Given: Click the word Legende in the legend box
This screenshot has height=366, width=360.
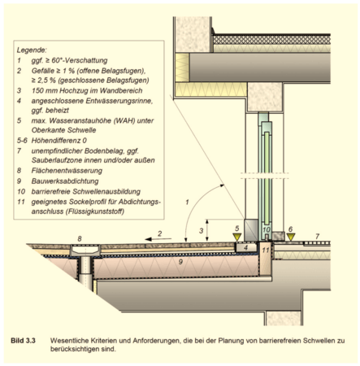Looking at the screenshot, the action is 32,50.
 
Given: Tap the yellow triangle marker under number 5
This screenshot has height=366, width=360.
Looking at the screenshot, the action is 237,237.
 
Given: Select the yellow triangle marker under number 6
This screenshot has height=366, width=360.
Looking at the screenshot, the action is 291,237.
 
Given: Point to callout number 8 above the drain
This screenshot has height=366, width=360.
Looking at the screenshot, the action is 80,238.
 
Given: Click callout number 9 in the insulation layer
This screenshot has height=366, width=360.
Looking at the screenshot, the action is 180,262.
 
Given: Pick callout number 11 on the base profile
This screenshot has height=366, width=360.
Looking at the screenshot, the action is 266,250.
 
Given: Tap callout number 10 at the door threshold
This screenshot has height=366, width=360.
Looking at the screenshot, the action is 267,229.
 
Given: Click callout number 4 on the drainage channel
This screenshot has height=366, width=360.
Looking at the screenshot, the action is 245,247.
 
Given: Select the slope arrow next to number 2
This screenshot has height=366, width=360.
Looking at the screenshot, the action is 158,239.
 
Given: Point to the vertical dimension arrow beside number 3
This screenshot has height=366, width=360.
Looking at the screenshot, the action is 207,230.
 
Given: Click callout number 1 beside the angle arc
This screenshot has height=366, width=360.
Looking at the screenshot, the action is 187,202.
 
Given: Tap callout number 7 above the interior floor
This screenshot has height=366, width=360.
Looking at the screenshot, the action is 317,237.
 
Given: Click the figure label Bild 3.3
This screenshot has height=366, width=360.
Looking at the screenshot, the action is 23,341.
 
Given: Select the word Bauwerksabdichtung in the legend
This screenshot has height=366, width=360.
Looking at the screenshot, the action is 65,181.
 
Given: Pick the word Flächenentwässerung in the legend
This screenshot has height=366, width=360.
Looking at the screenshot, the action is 67,171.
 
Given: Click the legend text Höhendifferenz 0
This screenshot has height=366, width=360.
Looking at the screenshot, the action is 59,141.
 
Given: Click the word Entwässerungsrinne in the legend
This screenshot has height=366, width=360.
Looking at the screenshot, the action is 119,101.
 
